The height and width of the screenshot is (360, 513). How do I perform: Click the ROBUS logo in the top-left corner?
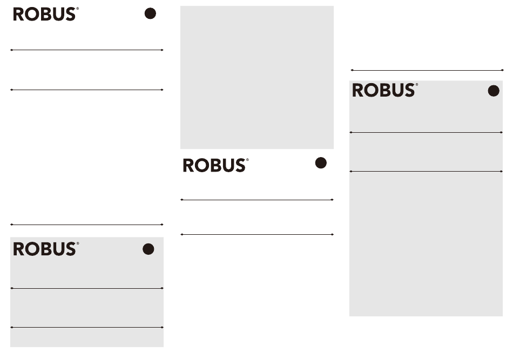[x=46, y=15]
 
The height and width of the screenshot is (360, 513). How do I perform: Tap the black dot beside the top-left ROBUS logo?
[x=150, y=13]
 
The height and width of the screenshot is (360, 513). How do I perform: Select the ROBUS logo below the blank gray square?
[x=215, y=165]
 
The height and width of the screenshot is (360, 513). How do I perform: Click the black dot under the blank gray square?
[x=321, y=163]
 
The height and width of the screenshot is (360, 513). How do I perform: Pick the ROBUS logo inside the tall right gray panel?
[x=384, y=90]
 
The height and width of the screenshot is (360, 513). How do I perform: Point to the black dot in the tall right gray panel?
[x=494, y=91]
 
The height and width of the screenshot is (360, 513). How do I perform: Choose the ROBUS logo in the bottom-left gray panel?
[x=46, y=249]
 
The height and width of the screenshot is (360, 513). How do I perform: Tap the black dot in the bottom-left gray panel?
[x=148, y=249]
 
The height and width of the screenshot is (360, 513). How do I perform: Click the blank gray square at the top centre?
[x=257, y=77]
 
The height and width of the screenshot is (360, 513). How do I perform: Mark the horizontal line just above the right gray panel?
[x=427, y=70]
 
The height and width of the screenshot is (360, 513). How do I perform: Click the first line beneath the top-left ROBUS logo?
[x=87, y=50]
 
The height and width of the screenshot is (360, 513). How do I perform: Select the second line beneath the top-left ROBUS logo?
[x=87, y=90]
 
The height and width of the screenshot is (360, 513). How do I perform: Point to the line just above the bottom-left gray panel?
[x=87, y=225]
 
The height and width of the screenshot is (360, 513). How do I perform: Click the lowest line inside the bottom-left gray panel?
[x=87, y=327]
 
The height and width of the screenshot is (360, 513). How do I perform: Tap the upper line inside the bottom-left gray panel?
[x=87, y=288]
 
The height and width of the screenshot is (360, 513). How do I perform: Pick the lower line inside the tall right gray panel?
[x=426, y=171]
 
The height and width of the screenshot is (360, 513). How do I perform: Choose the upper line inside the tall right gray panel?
[x=426, y=132]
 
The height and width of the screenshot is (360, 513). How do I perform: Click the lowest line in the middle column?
[x=257, y=234]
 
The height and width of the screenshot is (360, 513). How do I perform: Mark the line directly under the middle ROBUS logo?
[x=257, y=200]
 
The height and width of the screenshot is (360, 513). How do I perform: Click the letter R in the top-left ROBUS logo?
[x=18, y=15]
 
